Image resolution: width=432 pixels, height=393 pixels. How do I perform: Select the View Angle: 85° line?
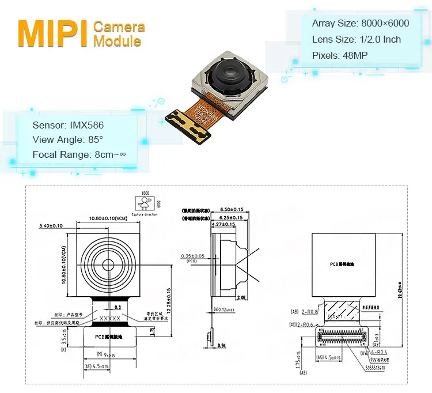pyautogui.click(x=67, y=139)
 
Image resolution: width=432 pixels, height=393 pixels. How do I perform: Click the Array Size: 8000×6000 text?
pyautogui.click(x=361, y=24)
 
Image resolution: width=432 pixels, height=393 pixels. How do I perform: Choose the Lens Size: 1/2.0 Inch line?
pyautogui.click(x=356, y=40)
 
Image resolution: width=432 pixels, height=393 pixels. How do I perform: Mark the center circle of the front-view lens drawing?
pyautogui.click(x=108, y=263)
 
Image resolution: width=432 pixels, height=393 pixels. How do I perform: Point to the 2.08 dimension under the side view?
pyautogui.click(x=243, y=298)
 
